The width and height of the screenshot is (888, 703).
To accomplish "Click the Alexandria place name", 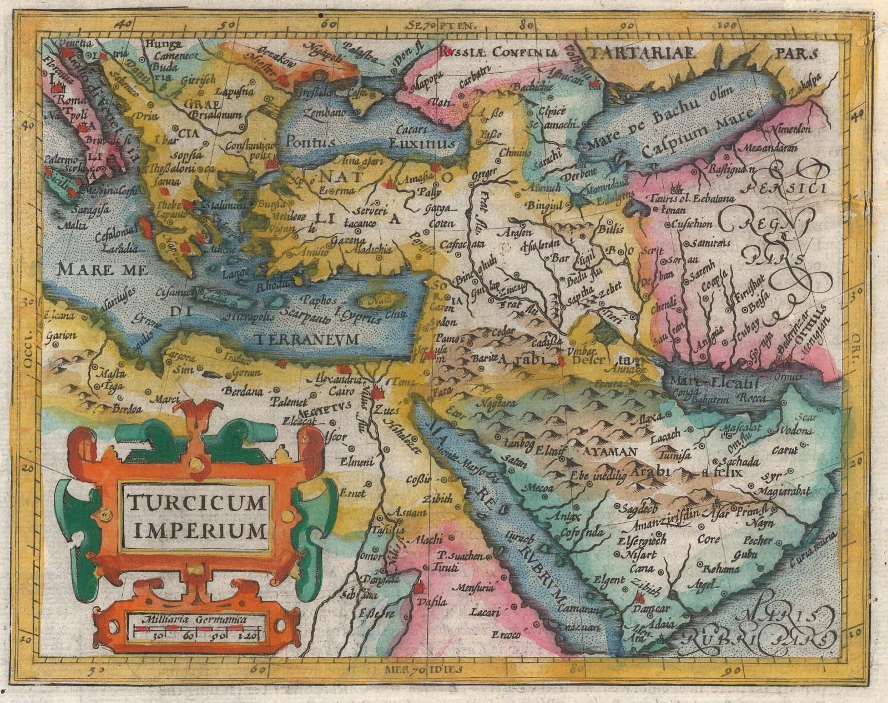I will click(331, 381).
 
